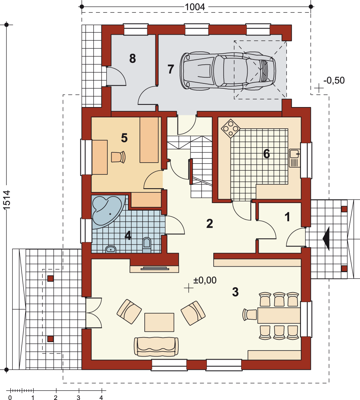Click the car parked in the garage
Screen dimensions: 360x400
click(228, 71)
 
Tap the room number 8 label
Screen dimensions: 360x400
click(133, 58)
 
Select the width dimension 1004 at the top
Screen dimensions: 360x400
click(195, 7)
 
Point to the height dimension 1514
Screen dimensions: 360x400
click(7, 200)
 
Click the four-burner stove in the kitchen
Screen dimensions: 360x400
click(230, 128)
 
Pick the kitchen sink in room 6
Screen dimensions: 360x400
click(294, 158)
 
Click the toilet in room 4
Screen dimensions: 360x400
click(147, 245)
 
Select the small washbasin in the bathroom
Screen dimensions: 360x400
click(111, 249)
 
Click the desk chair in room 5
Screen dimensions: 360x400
click(118, 157)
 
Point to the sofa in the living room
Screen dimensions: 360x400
click(156, 346)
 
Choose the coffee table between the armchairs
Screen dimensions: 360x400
click(159, 322)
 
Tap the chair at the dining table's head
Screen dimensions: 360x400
click(250, 315)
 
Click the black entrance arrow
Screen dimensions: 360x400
click(326, 238)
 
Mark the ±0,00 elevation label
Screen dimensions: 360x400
click(205, 280)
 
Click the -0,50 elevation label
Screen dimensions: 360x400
click(334, 80)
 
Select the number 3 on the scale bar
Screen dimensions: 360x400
click(78, 397)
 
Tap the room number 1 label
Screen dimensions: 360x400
click(287, 217)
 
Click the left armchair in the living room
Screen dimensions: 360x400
click(129, 312)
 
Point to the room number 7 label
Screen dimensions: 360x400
click(171, 69)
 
